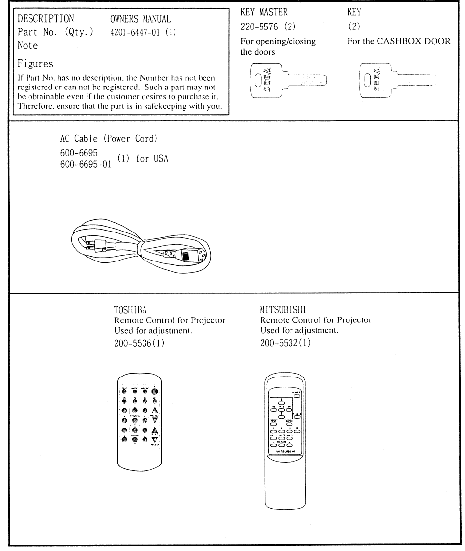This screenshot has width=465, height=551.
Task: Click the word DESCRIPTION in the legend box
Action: pos(46,20)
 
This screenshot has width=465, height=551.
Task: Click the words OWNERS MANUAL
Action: pos(141,20)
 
